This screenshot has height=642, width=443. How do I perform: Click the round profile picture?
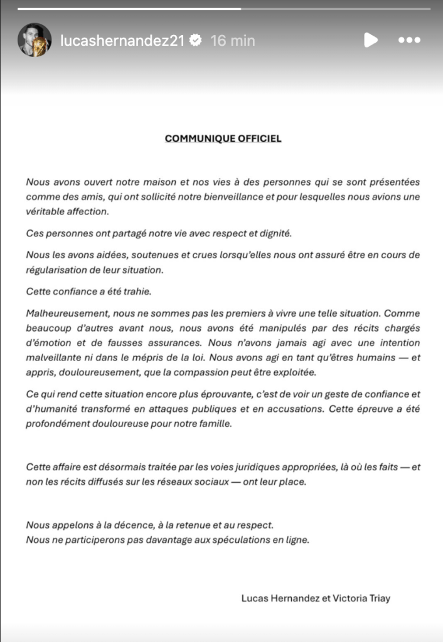pos(34,40)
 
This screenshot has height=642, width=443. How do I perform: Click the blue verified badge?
pos(195,40)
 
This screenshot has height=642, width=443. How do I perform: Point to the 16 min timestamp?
pos(233,40)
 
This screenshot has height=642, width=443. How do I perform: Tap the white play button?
pos(371,40)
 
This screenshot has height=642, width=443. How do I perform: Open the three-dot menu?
pos(409,40)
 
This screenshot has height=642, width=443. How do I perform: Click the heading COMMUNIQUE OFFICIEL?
pos(223,139)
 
